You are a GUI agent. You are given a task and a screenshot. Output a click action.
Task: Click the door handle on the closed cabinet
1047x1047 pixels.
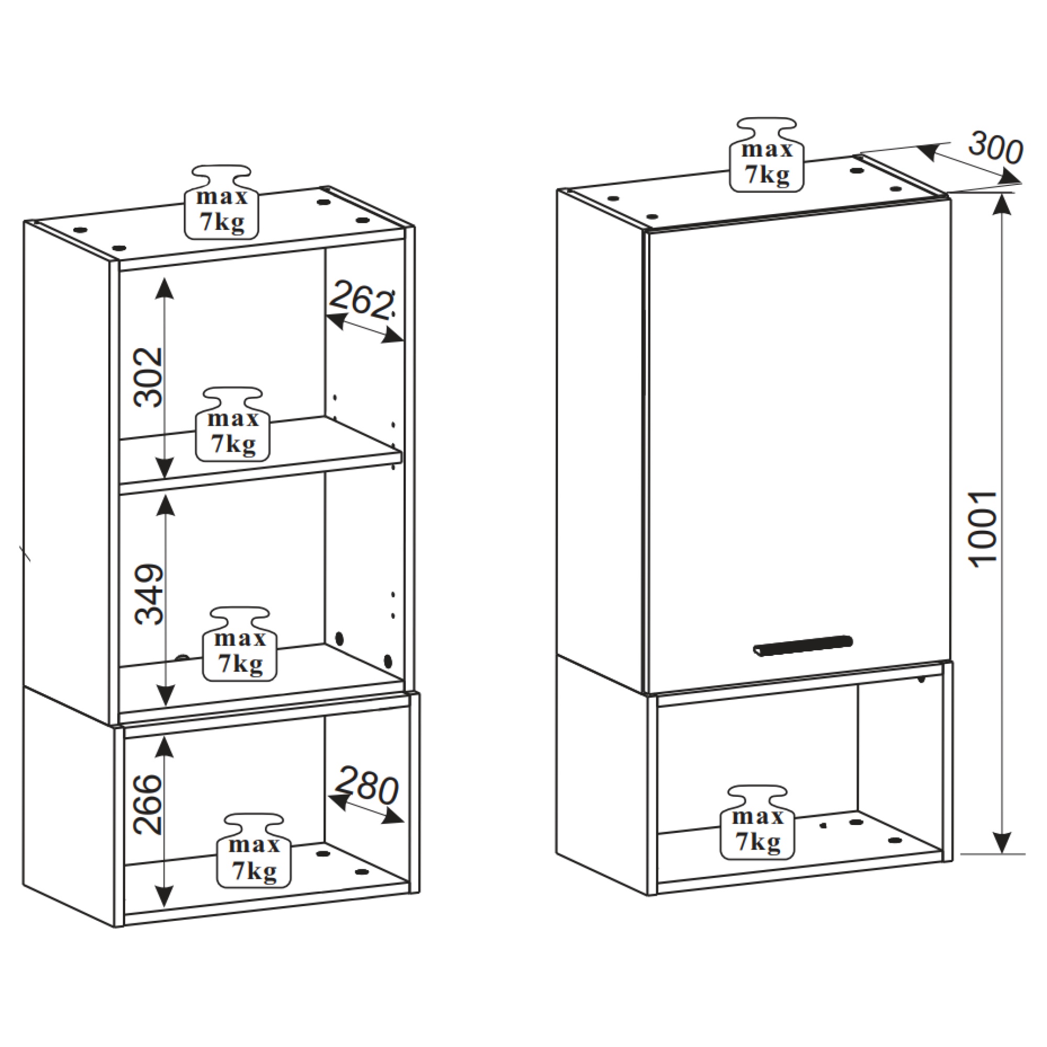tap(802, 645)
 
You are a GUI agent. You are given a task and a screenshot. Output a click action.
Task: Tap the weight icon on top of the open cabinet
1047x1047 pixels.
tap(222, 202)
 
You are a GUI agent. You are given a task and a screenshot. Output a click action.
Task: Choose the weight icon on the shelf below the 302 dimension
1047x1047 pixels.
tap(233, 425)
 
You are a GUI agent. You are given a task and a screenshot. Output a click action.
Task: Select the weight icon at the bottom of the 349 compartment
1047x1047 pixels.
tap(240, 644)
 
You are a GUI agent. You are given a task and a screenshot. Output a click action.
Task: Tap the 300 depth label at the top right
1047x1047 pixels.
tap(996, 148)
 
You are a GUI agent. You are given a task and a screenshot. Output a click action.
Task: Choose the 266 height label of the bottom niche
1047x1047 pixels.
tap(148, 804)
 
